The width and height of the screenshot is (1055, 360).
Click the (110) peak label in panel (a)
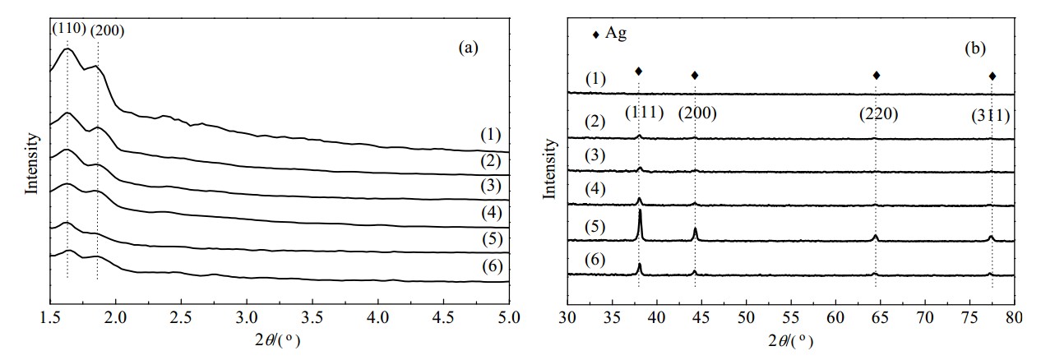click(x=69, y=29)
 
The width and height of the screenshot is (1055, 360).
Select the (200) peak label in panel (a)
click(x=107, y=30)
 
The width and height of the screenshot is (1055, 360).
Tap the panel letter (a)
click(x=468, y=48)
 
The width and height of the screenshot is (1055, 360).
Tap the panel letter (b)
click(x=975, y=48)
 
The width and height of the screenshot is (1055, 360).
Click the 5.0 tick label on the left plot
click(x=509, y=317)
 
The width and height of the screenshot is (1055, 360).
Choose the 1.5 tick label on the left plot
click(x=50, y=317)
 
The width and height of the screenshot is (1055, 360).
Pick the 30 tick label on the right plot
click(x=567, y=317)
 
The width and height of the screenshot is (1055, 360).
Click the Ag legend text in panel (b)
click(x=616, y=33)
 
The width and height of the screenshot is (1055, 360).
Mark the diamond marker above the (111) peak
click(x=639, y=72)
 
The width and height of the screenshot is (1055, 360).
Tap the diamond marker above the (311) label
click(x=993, y=76)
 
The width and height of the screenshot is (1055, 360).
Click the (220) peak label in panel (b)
click(x=879, y=114)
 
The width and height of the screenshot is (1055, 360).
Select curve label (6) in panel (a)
click(x=493, y=266)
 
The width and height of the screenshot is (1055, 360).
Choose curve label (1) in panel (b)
click(x=595, y=79)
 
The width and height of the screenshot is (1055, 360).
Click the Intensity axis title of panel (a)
click(x=31, y=164)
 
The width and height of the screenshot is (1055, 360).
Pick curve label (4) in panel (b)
click(x=595, y=189)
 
